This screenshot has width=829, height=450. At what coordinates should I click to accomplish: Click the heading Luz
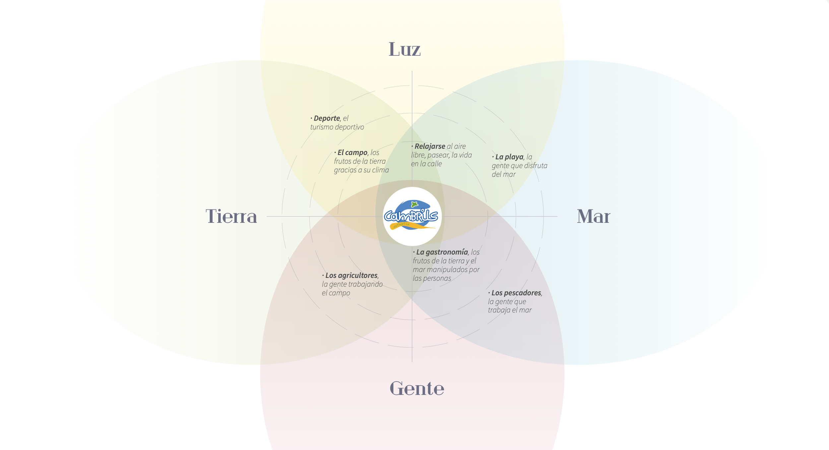click(x=405, y=49)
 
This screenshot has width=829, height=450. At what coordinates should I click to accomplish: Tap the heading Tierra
click(x=231, y=217)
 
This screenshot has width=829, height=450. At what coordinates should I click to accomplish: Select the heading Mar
click(x=593, y=217)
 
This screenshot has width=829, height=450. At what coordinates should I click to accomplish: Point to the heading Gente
click(x=416, y=388)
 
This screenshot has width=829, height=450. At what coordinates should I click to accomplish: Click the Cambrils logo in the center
click(x=412, y=216)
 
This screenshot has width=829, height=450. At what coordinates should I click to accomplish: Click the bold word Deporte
click(x=327, y=118)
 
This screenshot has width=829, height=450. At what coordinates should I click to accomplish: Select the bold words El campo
click(x=352, y=152)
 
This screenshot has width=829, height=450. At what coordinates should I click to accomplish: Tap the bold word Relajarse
click(x=430, y=146)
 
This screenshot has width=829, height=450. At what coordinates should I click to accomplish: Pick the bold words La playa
click(x=509, y=157)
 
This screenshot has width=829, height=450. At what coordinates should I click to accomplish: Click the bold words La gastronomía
click(x=442, y=252)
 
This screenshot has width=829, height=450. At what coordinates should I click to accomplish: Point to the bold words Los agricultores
click(x=351, y=275)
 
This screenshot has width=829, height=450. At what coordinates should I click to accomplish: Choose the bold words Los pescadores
click(x=516, y=293)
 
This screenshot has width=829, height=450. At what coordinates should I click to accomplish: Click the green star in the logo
click(x=414, y=204)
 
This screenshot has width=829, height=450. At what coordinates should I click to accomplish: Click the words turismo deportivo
click(x=337, y=127)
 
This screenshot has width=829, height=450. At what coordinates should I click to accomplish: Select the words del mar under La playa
click(x=503, y=174)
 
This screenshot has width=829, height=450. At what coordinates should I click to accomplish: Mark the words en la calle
click(x=426, y=164)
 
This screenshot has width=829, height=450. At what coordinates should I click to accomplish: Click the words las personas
click(x=432, y=278)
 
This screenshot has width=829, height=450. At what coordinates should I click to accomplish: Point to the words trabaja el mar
click(x=509, y=310)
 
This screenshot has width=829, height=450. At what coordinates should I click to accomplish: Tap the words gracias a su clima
click(x=361, y=170)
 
